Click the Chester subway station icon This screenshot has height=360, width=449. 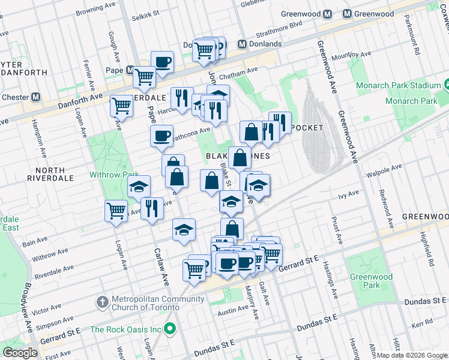tap(36, 97)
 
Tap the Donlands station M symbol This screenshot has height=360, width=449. tap(243, 44)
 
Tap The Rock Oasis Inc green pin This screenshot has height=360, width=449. tap(170, 329)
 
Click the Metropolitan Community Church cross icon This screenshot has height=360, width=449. tap(103, 300)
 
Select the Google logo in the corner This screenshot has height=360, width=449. tap(20, 353)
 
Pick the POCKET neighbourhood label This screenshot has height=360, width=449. tap(307, 128)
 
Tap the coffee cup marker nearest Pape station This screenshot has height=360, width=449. tap(162, 61)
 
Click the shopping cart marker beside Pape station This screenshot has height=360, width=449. tap(144, 76)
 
